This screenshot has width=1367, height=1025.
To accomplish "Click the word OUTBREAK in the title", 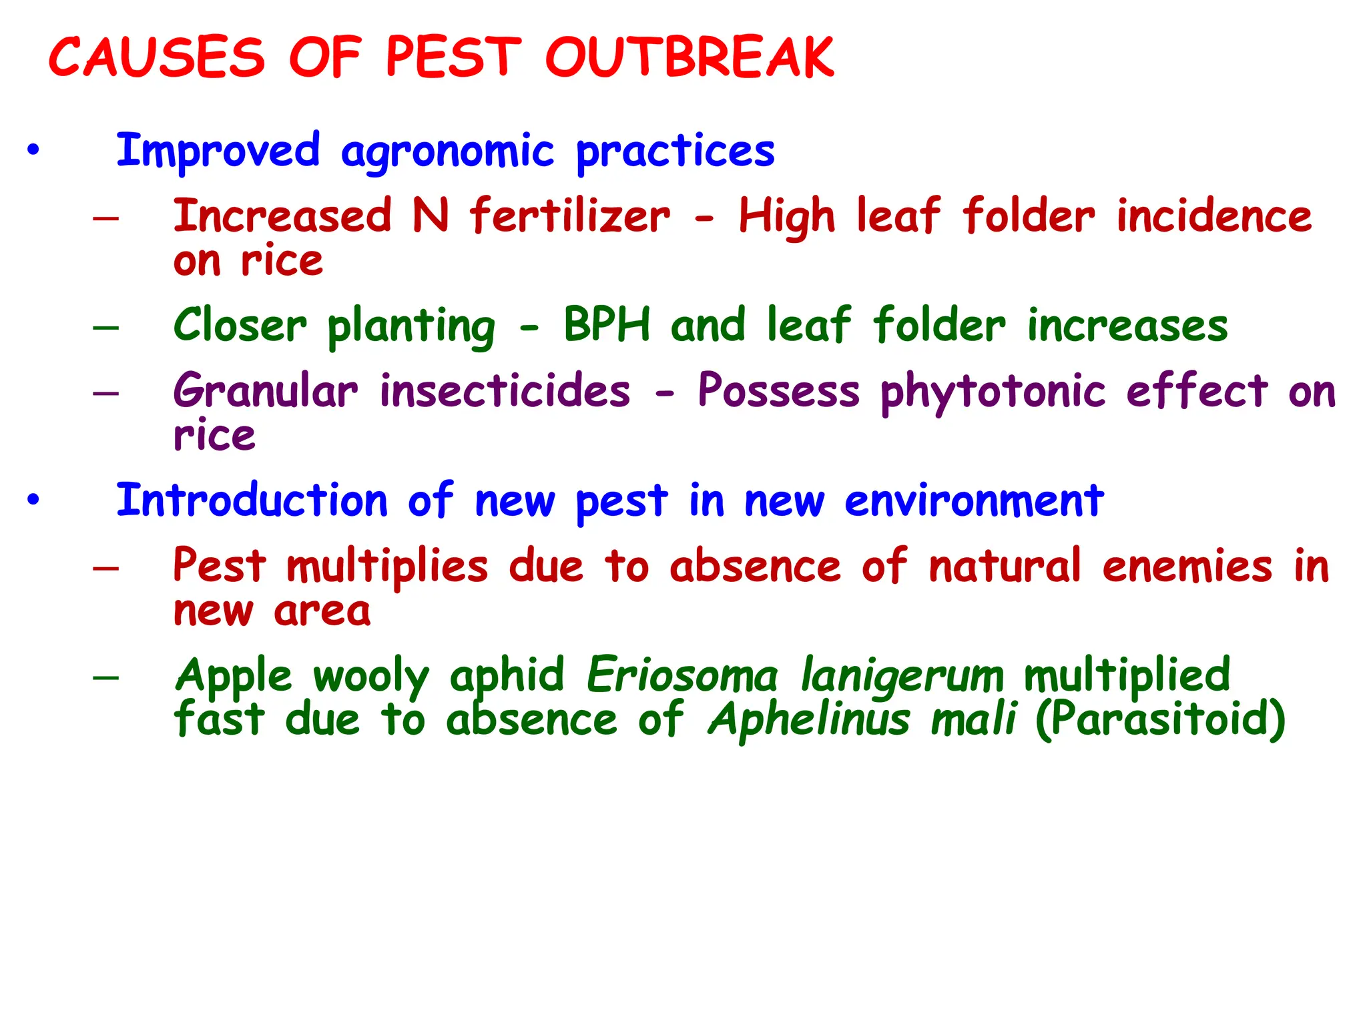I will [x=690, y=57].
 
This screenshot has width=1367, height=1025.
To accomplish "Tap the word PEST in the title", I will [x=453, y=57].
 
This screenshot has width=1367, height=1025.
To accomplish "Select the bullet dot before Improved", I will [x=33, y=149].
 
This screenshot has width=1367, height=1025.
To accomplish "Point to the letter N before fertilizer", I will [x=431, y=216].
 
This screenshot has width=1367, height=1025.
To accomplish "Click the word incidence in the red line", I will [x=1214, y=216].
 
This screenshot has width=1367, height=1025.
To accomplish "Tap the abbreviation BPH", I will [x=607, y=325].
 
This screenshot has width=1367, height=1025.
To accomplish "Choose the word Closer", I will [x=240, y=325].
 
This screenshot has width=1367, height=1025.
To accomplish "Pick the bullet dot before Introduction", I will [x=33, y=499].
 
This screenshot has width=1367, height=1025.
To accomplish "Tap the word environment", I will [x=974, y=500].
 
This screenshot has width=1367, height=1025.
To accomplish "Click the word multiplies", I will [x=387, y=567].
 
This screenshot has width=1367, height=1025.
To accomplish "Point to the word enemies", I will [x=1187, y=566].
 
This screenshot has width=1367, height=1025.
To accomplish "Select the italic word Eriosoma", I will [x=682, y=675].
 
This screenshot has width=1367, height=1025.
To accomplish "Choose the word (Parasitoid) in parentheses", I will [x=1160, y=719].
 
